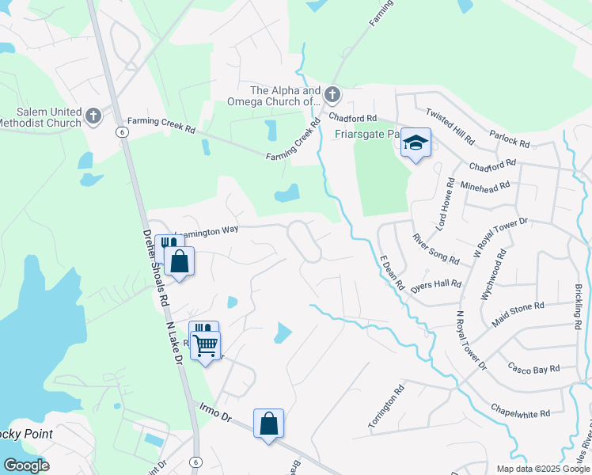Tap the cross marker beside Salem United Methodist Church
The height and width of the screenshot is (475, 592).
pos(93,116)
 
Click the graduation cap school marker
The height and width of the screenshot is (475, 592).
pos(416,143)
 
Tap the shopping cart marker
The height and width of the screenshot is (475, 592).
pos(206,344)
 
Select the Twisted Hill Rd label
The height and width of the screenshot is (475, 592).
pos(450,127)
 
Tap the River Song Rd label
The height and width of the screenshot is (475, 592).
pos(436,248)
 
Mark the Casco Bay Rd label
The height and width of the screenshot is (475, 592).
pos(533,368)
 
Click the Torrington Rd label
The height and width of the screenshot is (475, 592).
pos(386,407)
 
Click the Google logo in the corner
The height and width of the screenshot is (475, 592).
pos(26,465)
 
